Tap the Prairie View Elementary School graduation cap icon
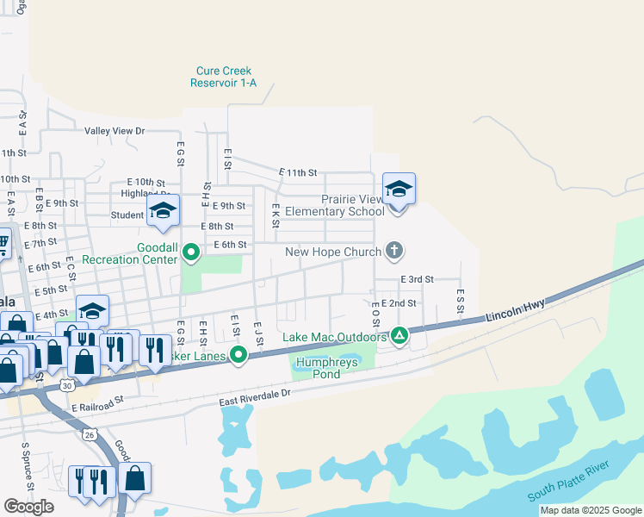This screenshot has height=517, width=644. pos(399,189)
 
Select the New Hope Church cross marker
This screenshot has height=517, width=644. pos(394,251)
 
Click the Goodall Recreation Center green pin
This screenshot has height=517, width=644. pos(191,252)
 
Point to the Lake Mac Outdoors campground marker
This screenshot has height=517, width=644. pos(399,335)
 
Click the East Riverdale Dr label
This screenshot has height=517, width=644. pos(256,392)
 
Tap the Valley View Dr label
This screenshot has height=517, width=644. pos(115,131)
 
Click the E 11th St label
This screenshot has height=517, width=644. pos(298,173)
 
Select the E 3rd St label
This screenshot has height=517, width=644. pos(417,280)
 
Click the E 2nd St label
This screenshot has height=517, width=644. pos(399,303)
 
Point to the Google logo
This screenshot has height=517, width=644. pos(28,506)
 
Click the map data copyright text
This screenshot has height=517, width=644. pos(590,510)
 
